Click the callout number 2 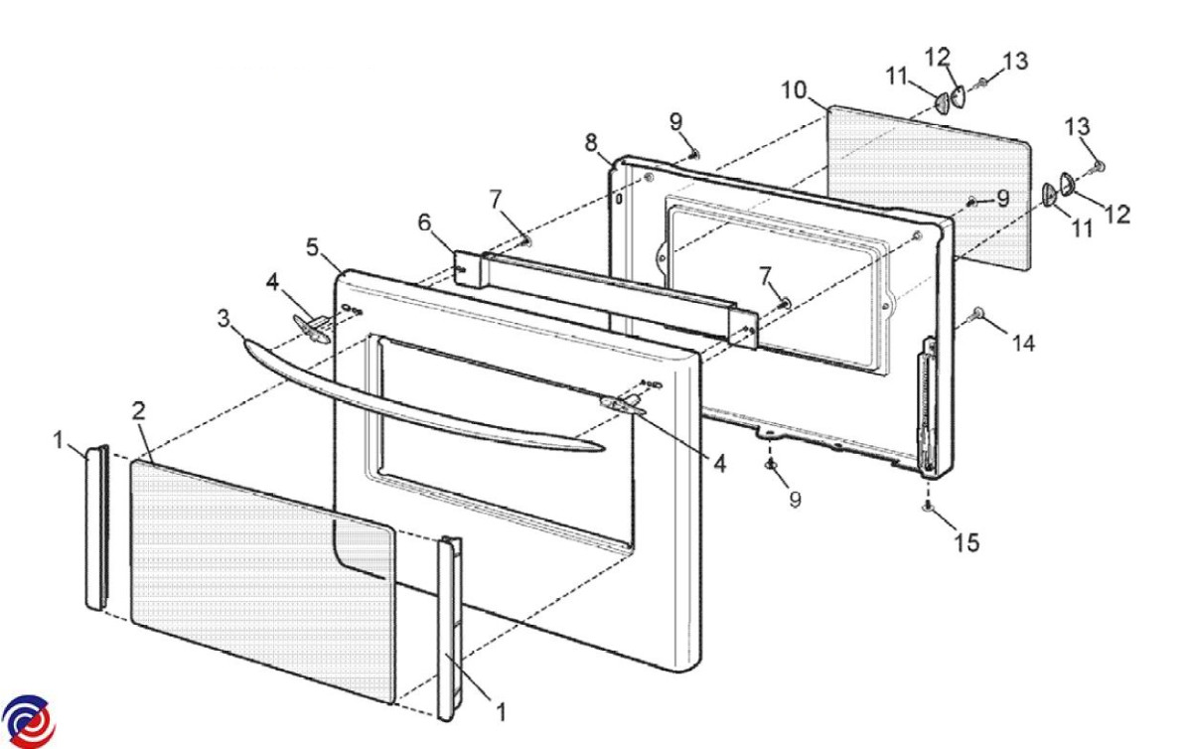point(138,411)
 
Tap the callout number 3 point(224,318)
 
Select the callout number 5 point(312,247)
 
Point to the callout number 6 point(424,223)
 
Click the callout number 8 point(591,143)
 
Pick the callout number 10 point(794,90)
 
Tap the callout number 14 point(1023,344)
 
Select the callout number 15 point(967,543)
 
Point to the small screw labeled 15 point(928,507)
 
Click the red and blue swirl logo point(28,722)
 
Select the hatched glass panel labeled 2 point(263,581)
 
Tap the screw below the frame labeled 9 point(771,465)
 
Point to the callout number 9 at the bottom point(795,500)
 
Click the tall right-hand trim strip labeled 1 point(450,629)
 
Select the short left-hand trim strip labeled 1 point(97,527)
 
